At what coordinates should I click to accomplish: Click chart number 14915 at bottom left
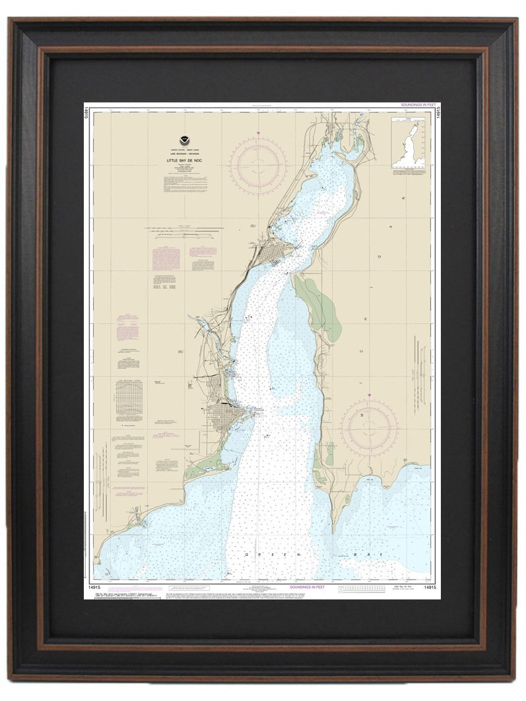(94, 586)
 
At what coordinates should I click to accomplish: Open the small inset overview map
(409, 144)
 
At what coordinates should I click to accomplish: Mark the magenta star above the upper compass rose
(258, 134)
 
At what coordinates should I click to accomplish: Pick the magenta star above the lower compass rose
(369, 396)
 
